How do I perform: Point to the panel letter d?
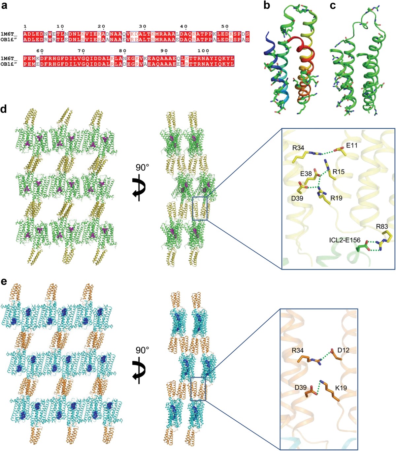[x=4, y=109]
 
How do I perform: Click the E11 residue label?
[x=352, y=145]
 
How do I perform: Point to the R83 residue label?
[x=382, y=227]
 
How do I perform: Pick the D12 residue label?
[x=344, y=350]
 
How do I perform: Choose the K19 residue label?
[x=341, y=388]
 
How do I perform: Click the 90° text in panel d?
[x=142, y=167]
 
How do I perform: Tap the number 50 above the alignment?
[x=225, y=26]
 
